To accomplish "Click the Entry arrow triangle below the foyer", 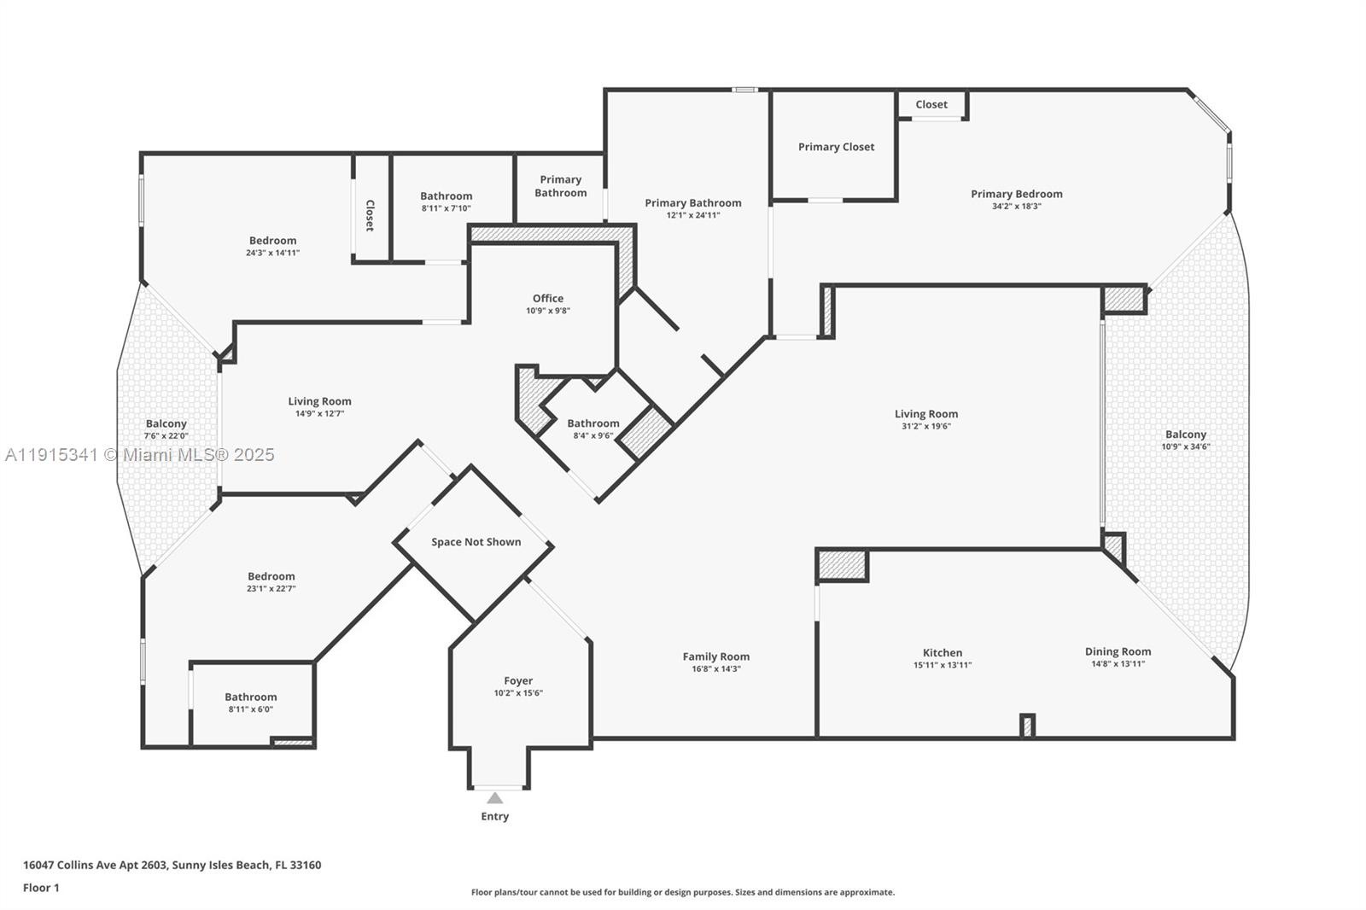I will coord(494,799).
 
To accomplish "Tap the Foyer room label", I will coord(518,680).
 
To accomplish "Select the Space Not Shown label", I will coord(476,542).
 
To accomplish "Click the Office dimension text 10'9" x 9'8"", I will coord(548,311).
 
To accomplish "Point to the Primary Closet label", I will coord(836,147).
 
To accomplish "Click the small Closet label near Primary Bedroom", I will coord(931,104).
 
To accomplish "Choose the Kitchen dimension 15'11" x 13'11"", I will coord(943,665).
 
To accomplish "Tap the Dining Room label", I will coord(1118,651).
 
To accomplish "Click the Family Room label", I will coord(715,656).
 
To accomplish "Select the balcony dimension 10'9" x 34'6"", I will coord(1186,446).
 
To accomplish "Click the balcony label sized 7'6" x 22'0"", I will coord(166,423).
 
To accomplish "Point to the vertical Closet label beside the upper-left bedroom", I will coord(370,215).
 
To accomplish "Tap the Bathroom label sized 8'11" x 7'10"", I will coord(446,196).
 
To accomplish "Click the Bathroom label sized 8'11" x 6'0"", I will coord(250,697).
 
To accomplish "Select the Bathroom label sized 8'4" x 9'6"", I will coord(593,423).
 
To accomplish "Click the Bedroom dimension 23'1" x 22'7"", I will coord(271,588).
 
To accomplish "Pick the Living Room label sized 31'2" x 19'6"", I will coord(926,414).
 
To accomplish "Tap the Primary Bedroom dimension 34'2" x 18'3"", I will coord(1016,206).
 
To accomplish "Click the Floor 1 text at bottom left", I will coord(41,888).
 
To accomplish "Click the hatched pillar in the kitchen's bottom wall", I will coord(1028,726).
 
